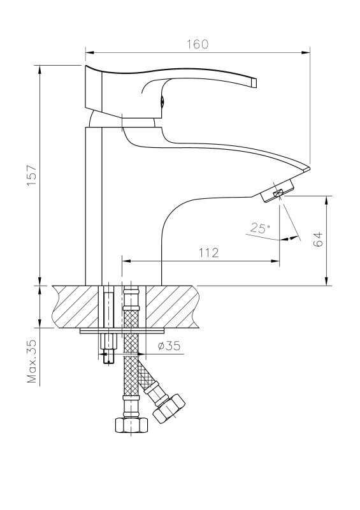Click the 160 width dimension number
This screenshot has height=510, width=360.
point(198,44)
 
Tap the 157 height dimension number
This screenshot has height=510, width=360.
point(32,175)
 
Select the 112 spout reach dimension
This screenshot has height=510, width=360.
point(209,252)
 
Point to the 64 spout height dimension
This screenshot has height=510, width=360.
point(319,239)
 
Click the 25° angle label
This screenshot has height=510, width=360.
point(260,228)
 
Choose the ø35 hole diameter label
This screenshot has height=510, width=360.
point(169,346)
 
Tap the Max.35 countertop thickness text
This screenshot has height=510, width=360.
point(32,361)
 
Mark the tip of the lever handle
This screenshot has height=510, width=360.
point(254,82)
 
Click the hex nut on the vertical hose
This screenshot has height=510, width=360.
point(131,425)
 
